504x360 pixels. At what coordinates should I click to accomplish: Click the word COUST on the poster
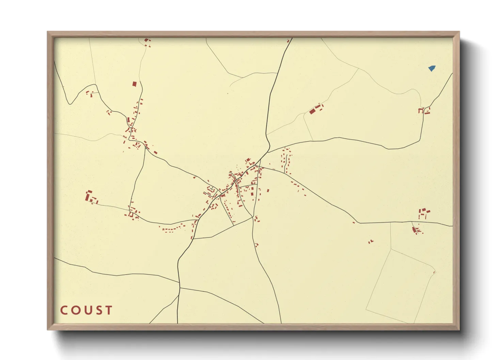[x=86, y=310]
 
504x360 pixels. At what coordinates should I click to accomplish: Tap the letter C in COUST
[x=64, y=310]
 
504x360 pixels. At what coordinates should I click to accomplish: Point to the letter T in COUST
[x=109, y=310]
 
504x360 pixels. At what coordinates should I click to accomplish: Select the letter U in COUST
[x=86, y=310]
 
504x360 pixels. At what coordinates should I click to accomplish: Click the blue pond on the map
[x=432, y=68]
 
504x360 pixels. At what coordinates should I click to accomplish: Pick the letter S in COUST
[x=98, y=310]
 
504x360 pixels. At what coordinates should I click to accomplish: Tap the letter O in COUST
[x=75, y=310]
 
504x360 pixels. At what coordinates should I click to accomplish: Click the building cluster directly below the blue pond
[x=424, y=111]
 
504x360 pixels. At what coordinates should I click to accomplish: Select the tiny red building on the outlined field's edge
[x=434, y=272]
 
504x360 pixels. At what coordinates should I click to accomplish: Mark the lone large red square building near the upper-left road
[x=134, y=84]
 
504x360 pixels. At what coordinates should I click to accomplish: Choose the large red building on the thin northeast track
[x=312, y=111]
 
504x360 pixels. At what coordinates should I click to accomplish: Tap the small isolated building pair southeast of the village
[x=371, y=242]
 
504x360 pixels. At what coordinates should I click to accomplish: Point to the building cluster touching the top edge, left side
[x=147, y=42]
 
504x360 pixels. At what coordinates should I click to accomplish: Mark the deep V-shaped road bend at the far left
[x=70, y=103]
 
